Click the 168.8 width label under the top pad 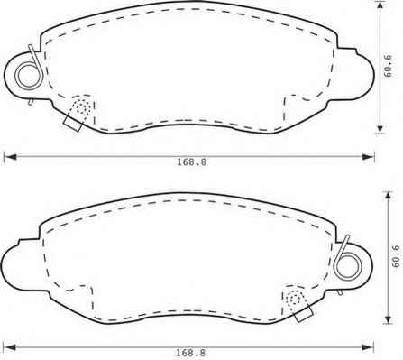(191, 162)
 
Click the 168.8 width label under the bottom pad (191, 353)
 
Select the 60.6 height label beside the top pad (389, 66)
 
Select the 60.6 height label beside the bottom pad (397, 256)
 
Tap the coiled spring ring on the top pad (29, 76)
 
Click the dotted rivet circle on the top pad (82, 107)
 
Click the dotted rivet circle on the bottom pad (295, 299)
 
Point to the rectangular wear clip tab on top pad (72, 124)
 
